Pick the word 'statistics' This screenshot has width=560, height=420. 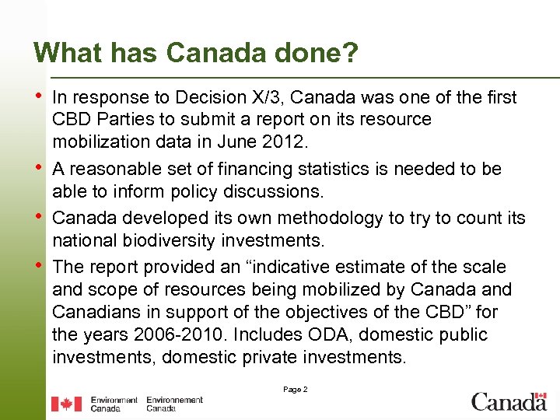pyautogui.click(x=329, y=169)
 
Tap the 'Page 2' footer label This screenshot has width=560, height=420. pyautogui.click(x=296, y=389)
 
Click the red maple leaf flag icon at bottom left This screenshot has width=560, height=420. pyautogui.click(x=66, y=404)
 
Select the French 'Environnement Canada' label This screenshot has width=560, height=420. pyautogui.click(x=174, y=404)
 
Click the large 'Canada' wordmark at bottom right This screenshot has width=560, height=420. pyautogui.click(x=509, y=402)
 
